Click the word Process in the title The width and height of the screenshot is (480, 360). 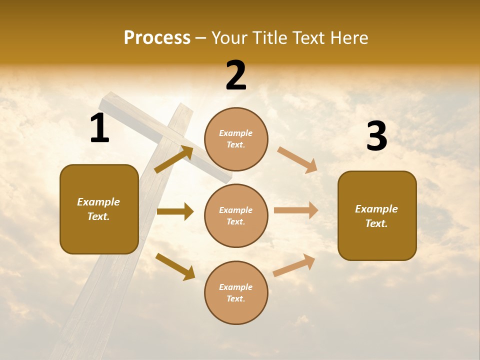pyautogui.click(x=157, y=38)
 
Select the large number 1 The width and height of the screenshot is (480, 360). pyautogui.click(x=99, y=128)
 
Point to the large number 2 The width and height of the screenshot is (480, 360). pyautogui.click(x=236, y=76)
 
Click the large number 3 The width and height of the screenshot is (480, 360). pyautogui.click(x=376, y=136)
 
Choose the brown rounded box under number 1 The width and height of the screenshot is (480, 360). pyautogui.click(x=99, y=209)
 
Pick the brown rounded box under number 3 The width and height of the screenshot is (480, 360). pyautogui.click(x=377, y=215)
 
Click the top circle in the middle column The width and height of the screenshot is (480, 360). pyautogui.click(x=236, y=139)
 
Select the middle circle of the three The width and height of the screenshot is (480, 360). pyautogui.click(x=236, y=215)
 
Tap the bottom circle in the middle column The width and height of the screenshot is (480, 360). pyautogui.click(x=236, y=292)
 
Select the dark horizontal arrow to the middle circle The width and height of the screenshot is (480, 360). pyautogui.click(x=175, y=211)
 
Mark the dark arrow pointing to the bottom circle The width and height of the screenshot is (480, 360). pyautogui.click(x=175, y=266)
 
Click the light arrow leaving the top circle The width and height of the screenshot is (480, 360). pyautogui.click(x=297, y=160)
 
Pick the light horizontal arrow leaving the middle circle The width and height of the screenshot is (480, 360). pyautogui.click(x=296, y=210)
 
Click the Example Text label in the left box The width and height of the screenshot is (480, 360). pyautogui.click(x=98, y=209)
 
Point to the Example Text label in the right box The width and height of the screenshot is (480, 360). pyautogui.click(x=376, y=216)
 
